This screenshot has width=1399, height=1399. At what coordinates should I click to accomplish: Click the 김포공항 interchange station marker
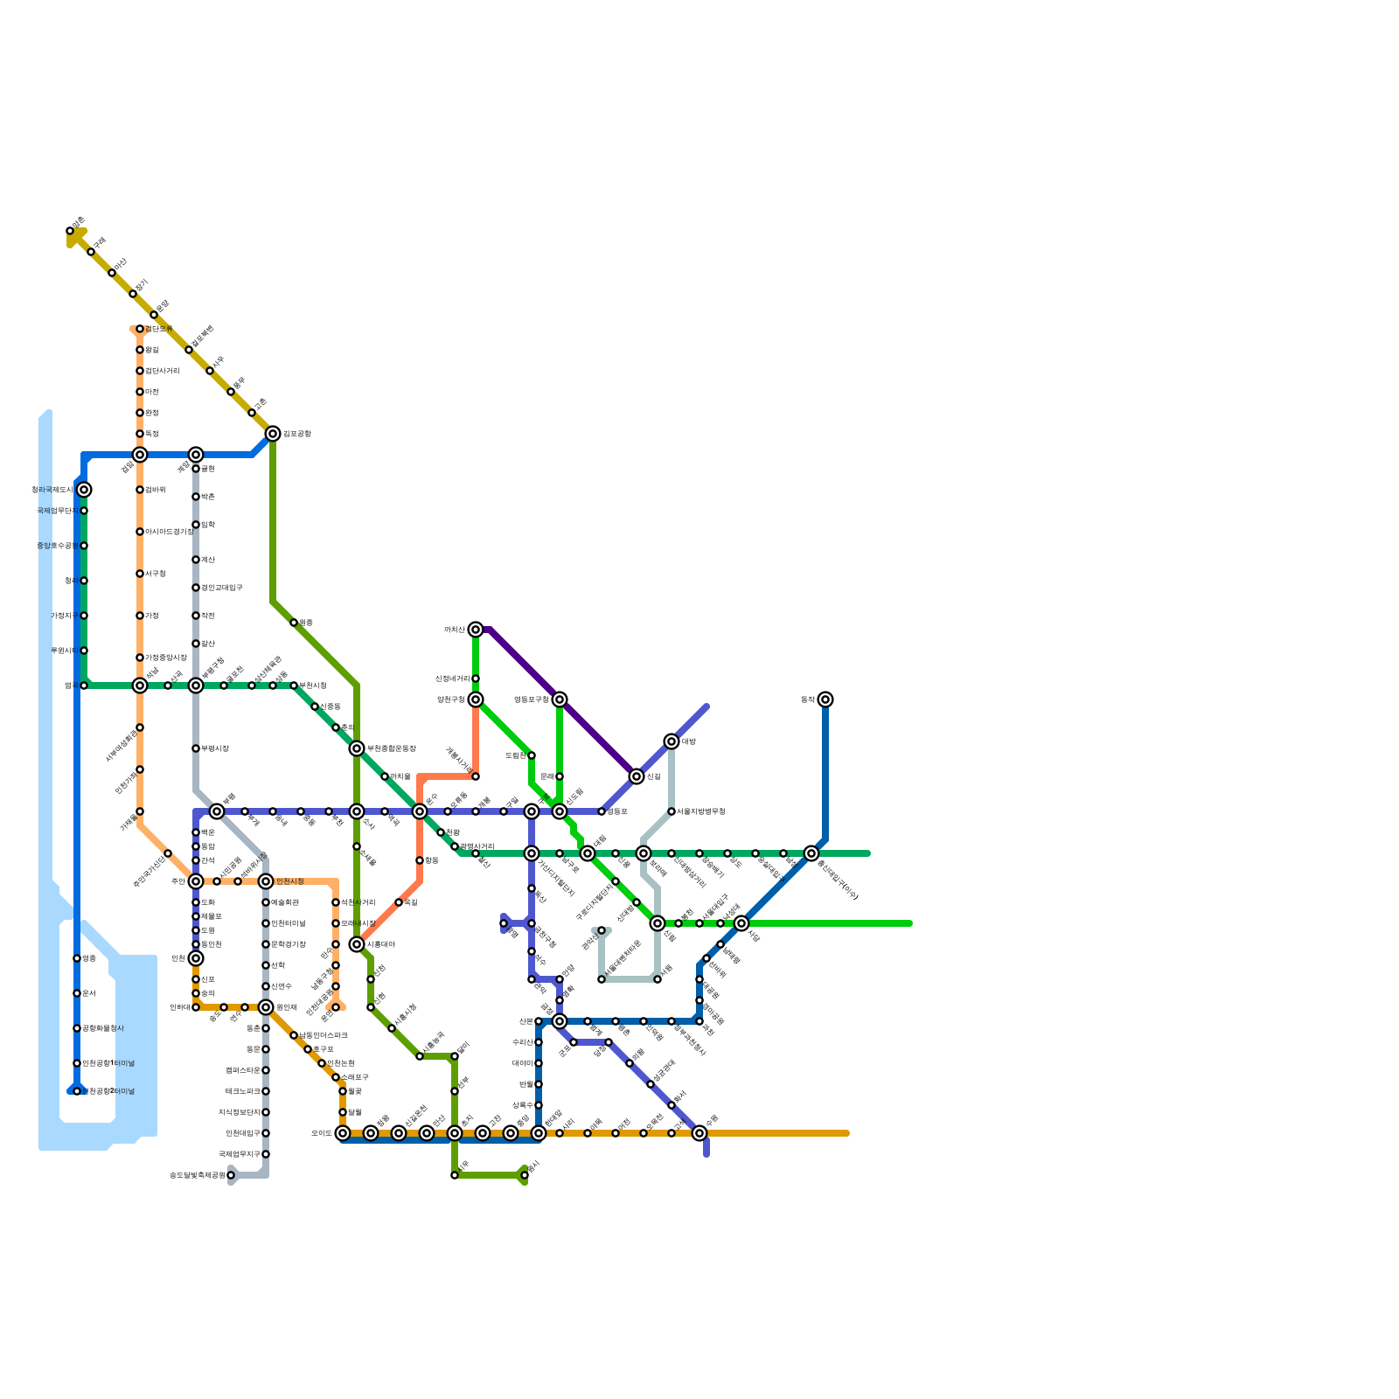[273, 434]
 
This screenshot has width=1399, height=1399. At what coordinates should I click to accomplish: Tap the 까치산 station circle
[476, 630]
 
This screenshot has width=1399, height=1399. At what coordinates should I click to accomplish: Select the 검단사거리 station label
[163, 371]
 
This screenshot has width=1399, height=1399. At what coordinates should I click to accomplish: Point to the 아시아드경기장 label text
[169, 532]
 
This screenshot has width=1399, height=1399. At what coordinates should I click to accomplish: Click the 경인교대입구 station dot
[196, 588]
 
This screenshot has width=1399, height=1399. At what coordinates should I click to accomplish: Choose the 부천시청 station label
[312, 686]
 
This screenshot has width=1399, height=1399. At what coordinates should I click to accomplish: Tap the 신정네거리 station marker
[476, 679]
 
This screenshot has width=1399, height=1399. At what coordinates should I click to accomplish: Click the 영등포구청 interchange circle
[560, 699]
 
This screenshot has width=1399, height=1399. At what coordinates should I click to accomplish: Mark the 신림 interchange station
[637, 776]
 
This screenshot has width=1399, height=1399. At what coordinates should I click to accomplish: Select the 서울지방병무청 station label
[701, 811]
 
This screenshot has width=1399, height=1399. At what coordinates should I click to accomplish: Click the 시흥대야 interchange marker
[357, 944]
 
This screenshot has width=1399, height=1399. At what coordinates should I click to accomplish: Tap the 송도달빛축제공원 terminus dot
[231, 1175]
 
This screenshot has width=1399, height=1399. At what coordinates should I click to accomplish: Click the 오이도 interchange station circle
[343, 1133]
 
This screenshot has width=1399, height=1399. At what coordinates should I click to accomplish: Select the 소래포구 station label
[355, 1077]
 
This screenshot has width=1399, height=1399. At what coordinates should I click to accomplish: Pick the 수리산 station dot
[539, 1042]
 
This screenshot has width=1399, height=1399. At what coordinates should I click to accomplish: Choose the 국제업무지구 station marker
[266, 1154]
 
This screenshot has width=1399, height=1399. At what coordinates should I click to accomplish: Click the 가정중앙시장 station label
[166, 658]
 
